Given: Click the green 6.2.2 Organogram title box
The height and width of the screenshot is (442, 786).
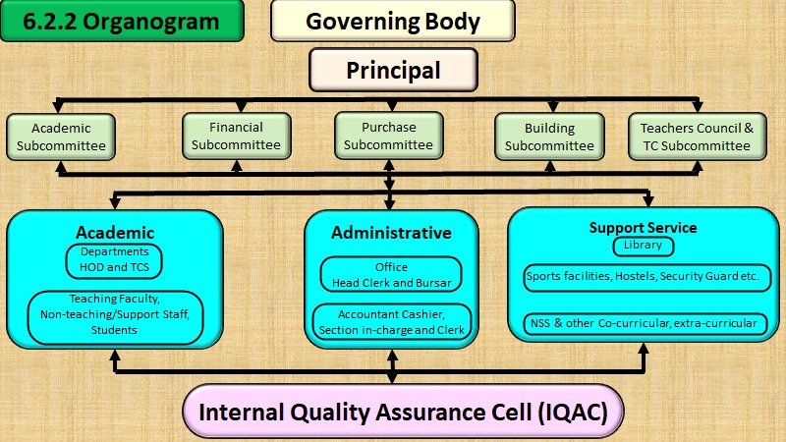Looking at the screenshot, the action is coord(122,21).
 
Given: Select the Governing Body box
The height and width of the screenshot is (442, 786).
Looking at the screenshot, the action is coord(392,21).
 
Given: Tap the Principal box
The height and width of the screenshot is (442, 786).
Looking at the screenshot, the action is coord(393,70).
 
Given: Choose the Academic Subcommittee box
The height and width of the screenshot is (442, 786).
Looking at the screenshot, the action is coord(61,137).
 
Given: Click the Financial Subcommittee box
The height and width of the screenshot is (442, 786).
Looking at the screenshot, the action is coord(236,137).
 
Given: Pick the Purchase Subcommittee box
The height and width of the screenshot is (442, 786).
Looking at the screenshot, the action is coord(388,136).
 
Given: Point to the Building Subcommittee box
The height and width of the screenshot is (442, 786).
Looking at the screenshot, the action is coord(549,137).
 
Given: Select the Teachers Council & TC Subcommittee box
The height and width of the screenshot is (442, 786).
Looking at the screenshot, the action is coord(698,137).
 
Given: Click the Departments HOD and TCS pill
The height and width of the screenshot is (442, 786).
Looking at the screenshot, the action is coord(114,261).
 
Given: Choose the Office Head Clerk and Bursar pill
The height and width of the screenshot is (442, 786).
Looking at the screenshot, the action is coord(391,274).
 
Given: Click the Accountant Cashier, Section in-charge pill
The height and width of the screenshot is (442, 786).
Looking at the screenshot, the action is coord(392,322).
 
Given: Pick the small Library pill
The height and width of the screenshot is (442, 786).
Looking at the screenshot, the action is coord(644,247).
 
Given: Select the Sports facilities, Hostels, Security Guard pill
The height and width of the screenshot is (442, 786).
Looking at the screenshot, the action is coord(647,278).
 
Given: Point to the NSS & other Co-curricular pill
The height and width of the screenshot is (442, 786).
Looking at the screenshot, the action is coord(646,324).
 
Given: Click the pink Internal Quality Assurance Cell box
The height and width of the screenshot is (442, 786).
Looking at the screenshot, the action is coord(403,413).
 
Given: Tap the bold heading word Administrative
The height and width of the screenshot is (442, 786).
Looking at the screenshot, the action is coord(391,233).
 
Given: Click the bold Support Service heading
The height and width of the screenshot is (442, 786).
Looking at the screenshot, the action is coord(643,228).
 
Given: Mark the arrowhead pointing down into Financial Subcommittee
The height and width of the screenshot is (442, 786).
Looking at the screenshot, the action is coord(241,106).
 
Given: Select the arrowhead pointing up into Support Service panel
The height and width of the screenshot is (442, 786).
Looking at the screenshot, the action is coord(644,349).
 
